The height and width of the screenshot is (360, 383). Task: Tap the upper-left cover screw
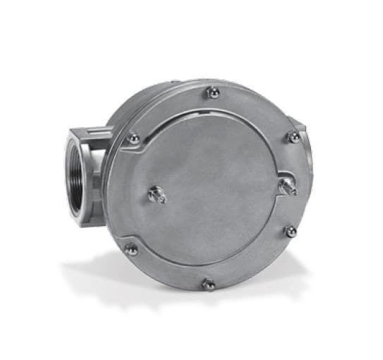pyautogui.click(x=133, y=139)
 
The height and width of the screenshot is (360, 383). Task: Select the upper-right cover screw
pyautogui.click(x=293, y=137)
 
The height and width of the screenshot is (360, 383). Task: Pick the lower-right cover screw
pyautogui.click(x=289, y=231)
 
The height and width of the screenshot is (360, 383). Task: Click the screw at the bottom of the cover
pyautogui.click(x=209, y=284)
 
